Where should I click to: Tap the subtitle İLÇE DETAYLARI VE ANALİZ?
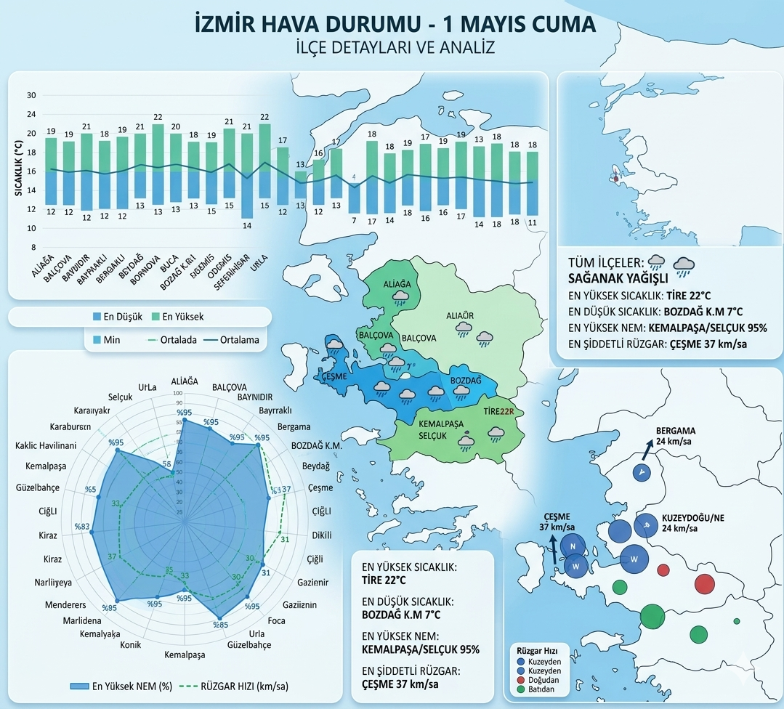395,49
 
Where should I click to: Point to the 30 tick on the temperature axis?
31,95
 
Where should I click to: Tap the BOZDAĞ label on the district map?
466,381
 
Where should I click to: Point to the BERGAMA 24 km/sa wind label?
676,435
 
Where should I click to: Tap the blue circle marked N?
573,547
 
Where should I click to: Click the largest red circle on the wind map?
705,583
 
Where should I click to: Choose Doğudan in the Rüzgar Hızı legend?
539,680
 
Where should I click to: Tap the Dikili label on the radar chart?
322,535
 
